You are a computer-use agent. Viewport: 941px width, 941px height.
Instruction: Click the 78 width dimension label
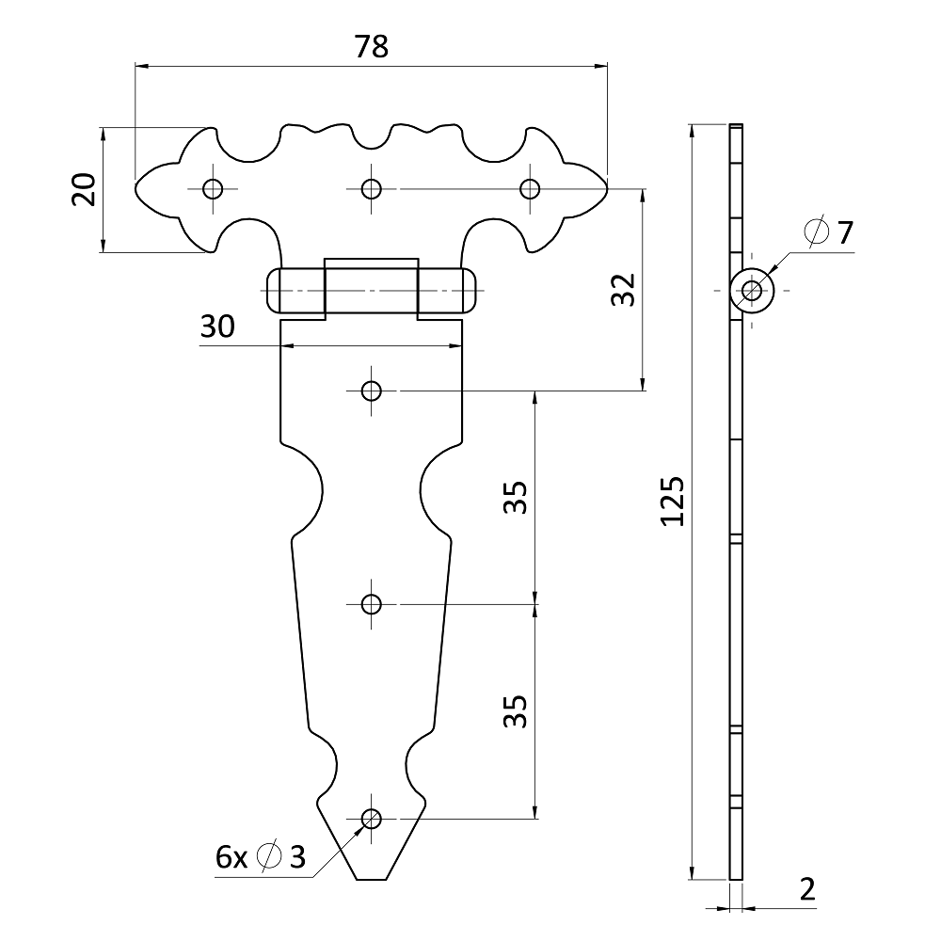[372, 47]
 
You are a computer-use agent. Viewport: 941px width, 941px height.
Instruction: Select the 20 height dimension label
[84, 190]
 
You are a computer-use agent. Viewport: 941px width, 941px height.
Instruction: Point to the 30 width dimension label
[217, 327]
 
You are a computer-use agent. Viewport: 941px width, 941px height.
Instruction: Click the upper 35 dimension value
[515, 498]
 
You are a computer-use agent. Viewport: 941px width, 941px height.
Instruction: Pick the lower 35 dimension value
[515, 712]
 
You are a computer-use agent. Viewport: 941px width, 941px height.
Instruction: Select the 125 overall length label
[671, 502]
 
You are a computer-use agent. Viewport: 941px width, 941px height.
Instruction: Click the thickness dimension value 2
[807, 889]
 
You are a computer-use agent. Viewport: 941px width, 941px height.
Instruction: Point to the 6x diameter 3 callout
[261, 856]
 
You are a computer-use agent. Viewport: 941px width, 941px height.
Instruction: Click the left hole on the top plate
[213, 188]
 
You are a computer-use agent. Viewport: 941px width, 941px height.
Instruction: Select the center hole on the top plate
[372, 188]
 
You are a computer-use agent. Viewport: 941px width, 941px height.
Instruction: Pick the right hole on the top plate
[531, 188]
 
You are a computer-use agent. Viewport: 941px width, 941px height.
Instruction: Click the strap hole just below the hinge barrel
[372, 390]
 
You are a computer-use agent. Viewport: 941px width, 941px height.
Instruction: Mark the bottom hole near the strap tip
[372, 818]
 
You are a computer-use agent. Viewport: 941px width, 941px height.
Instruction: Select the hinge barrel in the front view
[372, 290]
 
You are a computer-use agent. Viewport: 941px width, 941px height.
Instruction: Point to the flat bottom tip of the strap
[372, 880]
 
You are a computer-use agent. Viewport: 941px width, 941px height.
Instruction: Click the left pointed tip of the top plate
[137, 185]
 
